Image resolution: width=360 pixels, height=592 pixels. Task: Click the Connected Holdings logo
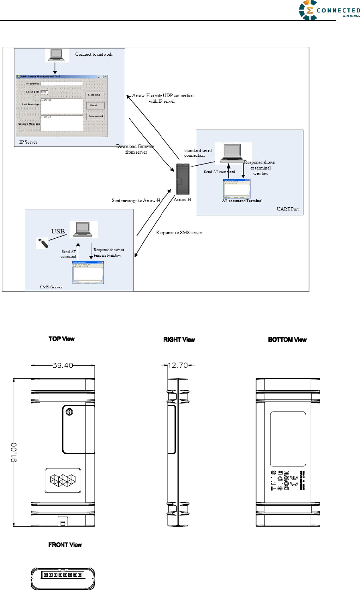coord(329,10)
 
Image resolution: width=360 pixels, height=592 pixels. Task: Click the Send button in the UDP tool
coord(95,105)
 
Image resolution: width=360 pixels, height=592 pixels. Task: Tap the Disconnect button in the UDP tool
coord(96,116)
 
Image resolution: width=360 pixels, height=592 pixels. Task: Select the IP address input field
coord(61,84)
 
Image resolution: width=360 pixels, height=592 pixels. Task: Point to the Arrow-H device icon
coord(183,179)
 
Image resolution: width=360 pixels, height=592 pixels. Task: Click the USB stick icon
coord(42,243)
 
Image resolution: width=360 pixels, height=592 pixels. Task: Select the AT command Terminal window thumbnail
coord(236,188)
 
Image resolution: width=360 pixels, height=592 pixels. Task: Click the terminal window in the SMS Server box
coord(88,272)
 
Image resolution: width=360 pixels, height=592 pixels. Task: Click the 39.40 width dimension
coord(63,365)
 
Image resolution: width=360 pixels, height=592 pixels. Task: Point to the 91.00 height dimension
coord(14,452)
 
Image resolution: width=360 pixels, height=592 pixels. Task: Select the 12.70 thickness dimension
coord(178,365)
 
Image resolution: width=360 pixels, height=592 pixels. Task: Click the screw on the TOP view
coord(69,412)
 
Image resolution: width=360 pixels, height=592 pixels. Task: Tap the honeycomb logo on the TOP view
coord(63,480)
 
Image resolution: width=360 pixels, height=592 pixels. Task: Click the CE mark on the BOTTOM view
coord(294,480)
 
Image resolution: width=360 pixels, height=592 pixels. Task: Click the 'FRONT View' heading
coord(65,545)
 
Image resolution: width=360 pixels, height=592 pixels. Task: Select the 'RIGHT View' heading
coord(179,339)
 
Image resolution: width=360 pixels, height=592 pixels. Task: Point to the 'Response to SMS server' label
coord(179,233)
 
